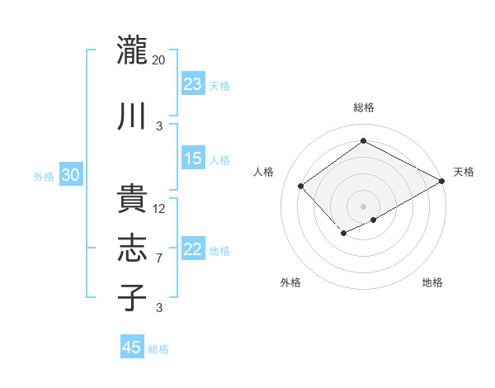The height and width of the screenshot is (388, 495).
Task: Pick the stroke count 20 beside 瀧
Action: tap(159, 59)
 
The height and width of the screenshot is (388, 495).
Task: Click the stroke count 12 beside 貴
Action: tap(159, 209)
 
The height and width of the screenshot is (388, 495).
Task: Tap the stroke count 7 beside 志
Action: tap(159, 258)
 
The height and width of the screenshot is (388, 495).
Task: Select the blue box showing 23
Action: tap(193, 84)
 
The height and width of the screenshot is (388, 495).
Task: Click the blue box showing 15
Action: tap(193, 159)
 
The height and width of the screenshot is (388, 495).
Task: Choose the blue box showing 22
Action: tap(193, 249)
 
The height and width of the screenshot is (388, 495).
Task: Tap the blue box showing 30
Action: tap(70, 175)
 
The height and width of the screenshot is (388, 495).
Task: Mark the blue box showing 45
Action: tap(132, 348)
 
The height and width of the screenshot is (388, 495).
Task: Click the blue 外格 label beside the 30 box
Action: tap(44, 177)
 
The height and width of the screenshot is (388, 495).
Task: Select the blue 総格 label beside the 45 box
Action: tap(158, 349)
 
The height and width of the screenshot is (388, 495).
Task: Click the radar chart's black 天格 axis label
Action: tap(464, 172)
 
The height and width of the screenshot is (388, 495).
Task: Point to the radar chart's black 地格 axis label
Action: tap(432, 282)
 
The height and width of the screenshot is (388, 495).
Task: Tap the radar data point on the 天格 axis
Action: tap(442, 181)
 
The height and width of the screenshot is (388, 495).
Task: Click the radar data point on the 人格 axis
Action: tap(301, 186)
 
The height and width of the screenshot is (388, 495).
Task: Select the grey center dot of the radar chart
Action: tap(363, 206)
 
